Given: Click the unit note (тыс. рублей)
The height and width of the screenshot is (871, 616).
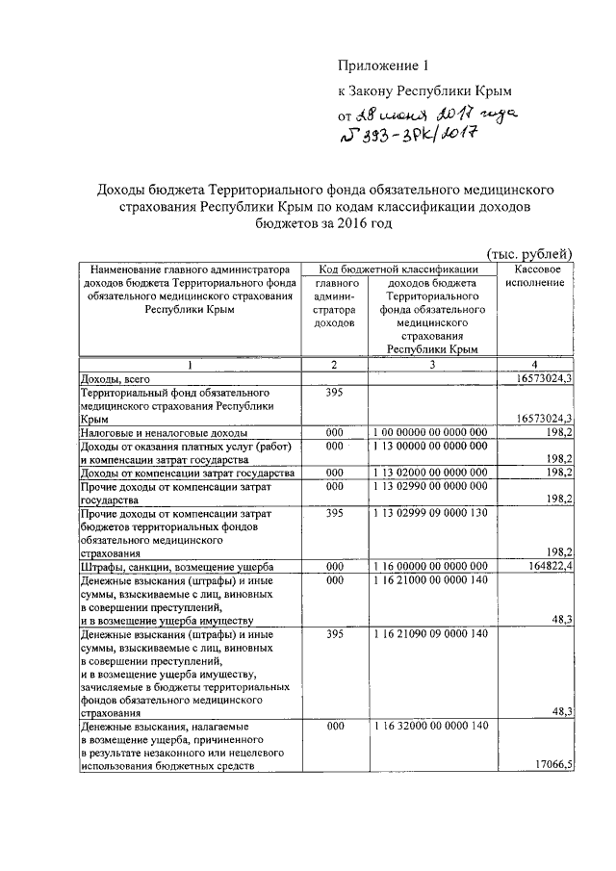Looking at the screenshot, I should [530, 253].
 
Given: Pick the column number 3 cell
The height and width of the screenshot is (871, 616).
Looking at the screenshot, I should [431, 366].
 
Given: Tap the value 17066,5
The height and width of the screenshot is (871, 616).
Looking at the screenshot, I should [552, 765].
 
